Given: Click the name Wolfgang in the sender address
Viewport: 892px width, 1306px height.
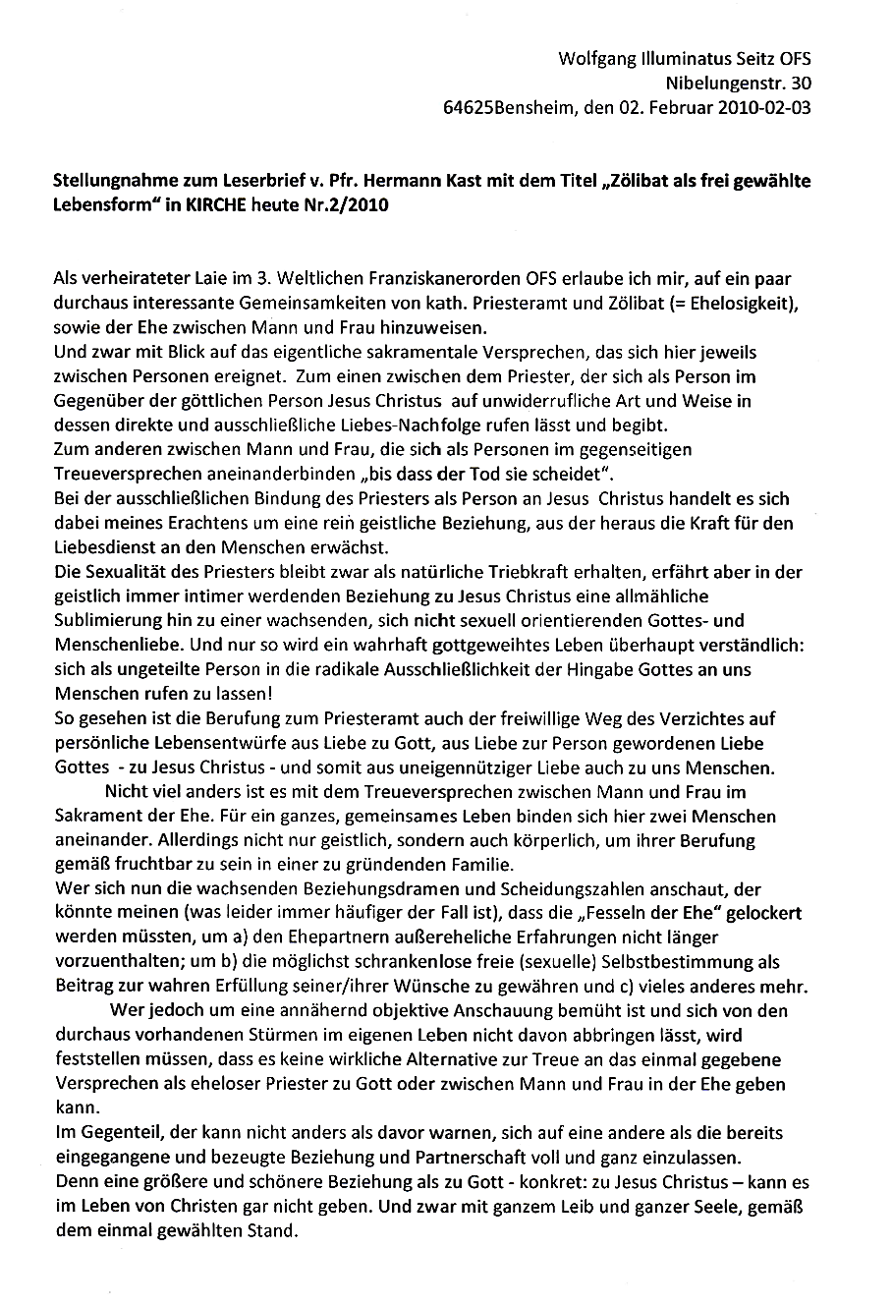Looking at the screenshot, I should coord(595,59).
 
